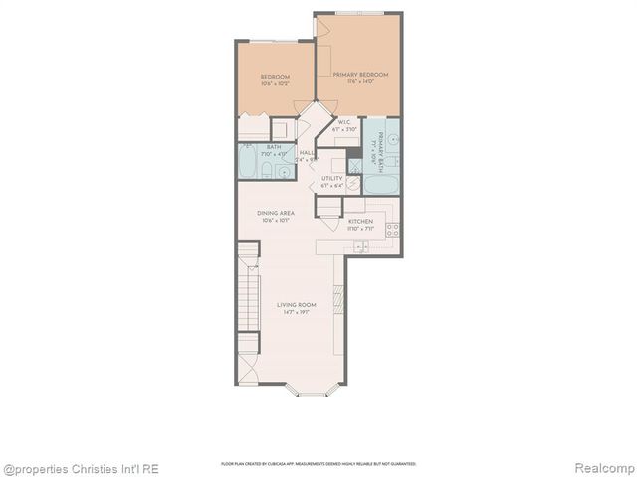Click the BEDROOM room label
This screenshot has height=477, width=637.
pos(275,77)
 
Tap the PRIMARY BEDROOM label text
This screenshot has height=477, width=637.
pos(360,74)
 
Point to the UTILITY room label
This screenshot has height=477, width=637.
pos(331,178)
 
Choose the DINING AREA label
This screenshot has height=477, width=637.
pos(274,213)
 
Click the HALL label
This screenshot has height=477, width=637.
pos(307,152)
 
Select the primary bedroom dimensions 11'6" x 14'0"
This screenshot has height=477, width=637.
pos(360,82)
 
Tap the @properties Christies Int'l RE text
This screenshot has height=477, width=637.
pos(80,468)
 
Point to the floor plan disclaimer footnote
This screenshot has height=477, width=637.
pos(318,464)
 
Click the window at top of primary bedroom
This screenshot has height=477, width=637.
pos(359,13)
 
